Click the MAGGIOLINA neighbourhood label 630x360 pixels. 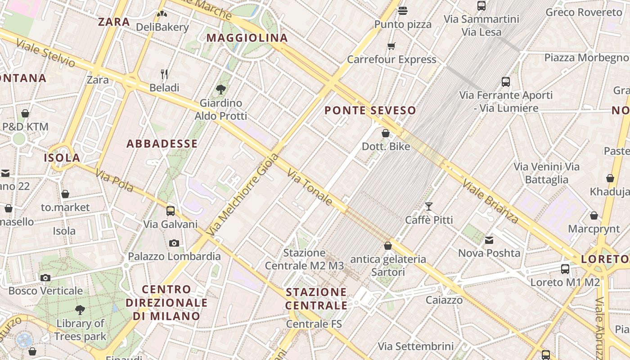(247, 38)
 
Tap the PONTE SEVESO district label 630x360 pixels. (370, 110)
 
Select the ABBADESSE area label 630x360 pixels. (162, 144)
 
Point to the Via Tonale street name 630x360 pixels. (310, 188)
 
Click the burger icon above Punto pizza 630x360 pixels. (403, 10)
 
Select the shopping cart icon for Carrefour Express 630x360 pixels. (391, 46)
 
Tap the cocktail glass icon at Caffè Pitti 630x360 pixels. (429, 207)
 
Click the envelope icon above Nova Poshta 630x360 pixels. (489, 240)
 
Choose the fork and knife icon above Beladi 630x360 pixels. (164, 74)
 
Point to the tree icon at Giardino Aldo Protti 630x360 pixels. (221, 90)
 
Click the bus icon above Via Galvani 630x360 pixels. (171, 211)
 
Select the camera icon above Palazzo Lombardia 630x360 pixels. (174, 243)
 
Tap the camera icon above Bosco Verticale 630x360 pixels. (45, 278)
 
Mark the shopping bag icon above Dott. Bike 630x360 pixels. (386, 133)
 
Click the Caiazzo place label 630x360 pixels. (444, 300)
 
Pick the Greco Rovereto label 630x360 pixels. (584, 12)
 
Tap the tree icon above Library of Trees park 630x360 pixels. (80, 310)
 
